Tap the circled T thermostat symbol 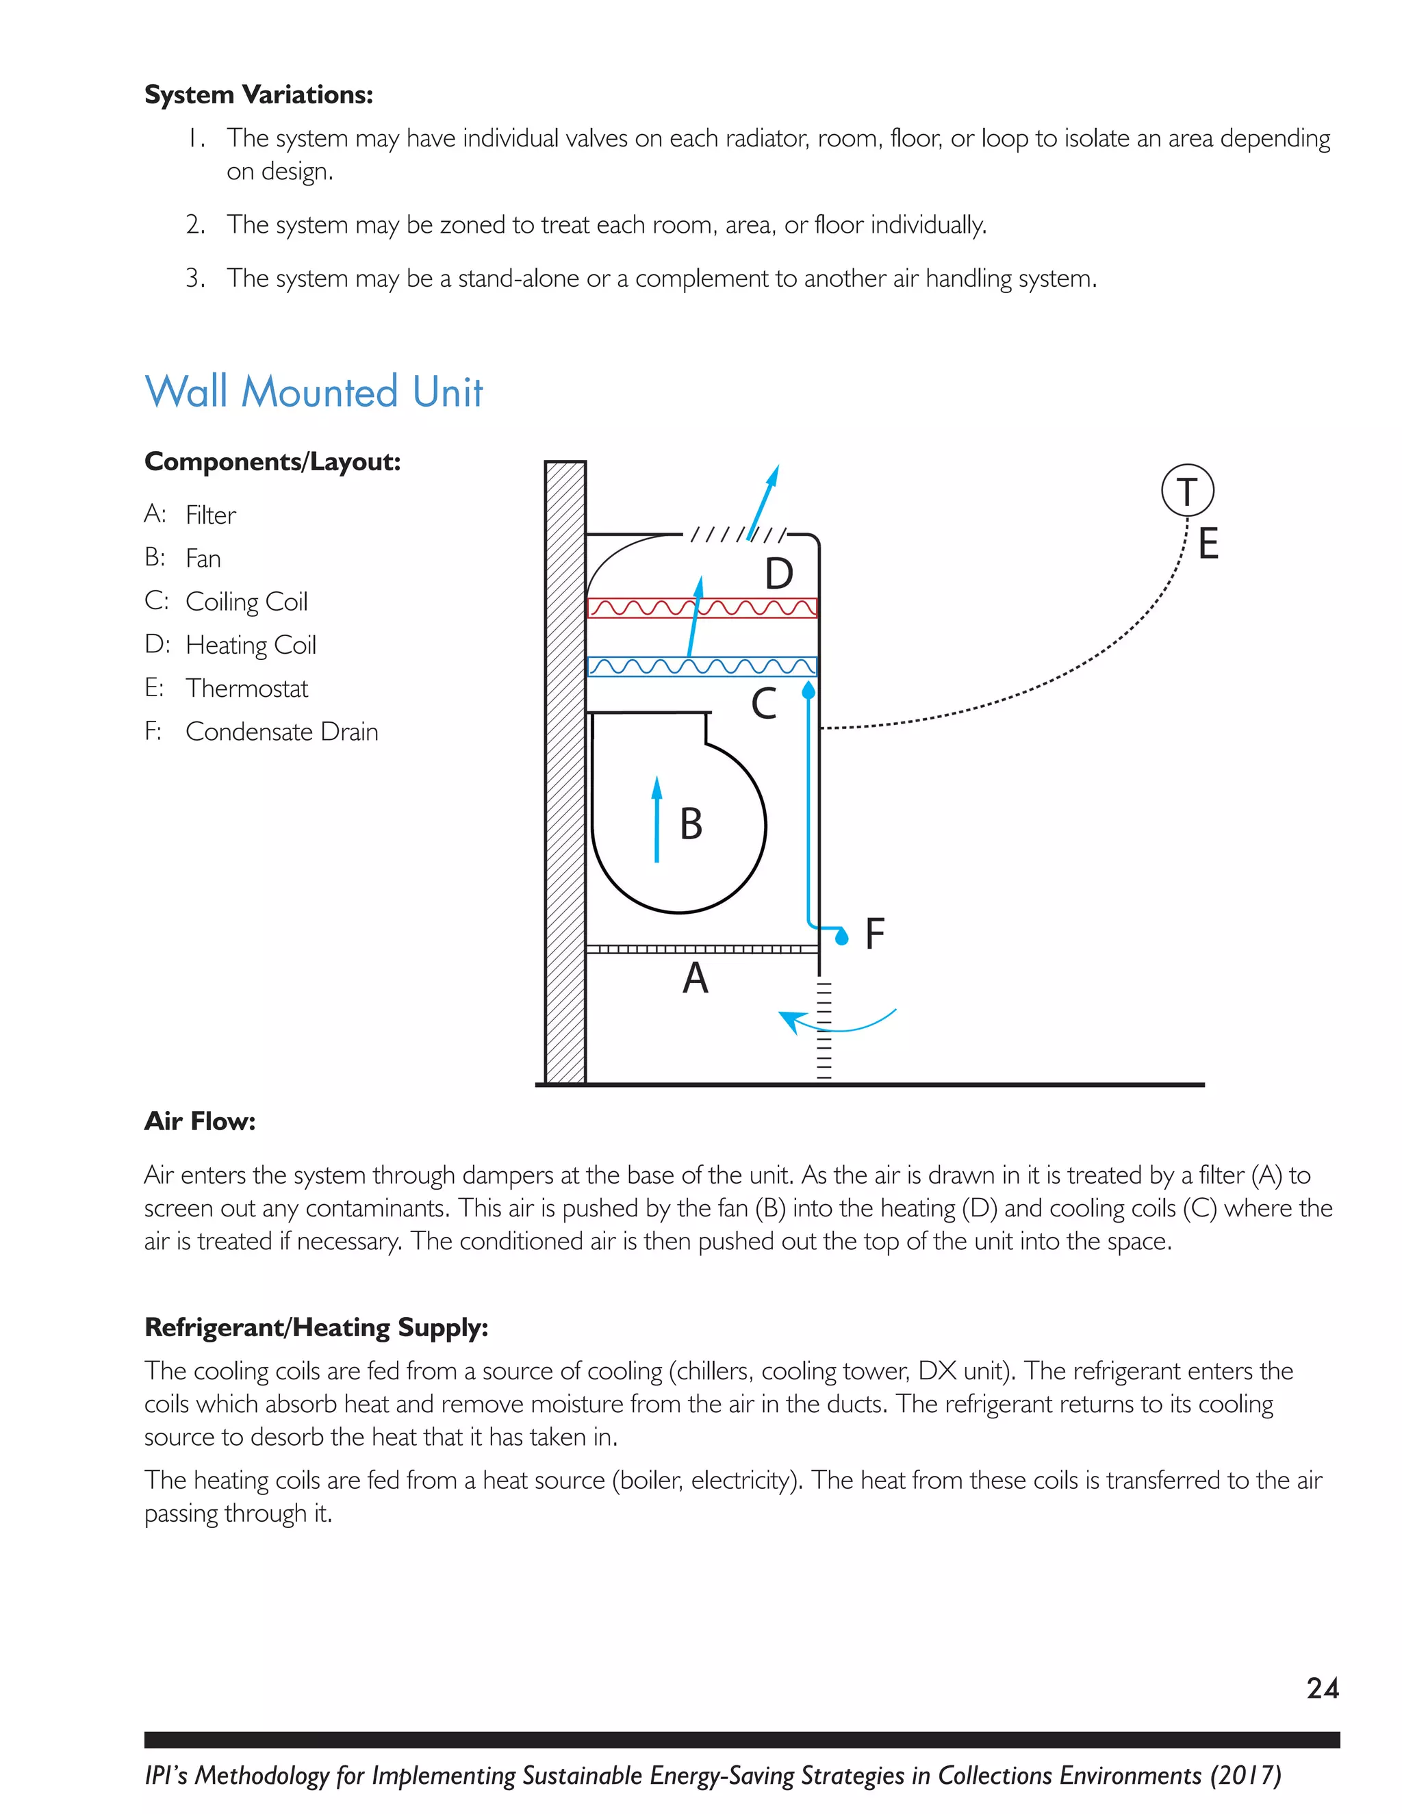pos(1187,491)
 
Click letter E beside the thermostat pos(1208,544)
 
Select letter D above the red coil pos(778,573)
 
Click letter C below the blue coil pos(763,704)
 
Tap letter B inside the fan pos(691,824)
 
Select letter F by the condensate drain pos(875,934)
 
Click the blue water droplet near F pos(842,938)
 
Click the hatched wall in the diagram pos(565,772)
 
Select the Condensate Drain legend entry pos(281,732)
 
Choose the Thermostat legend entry pos(246,689)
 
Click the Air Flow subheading pos(199,1121)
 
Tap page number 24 pos(1323,1688)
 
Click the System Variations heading pos(258,94)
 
